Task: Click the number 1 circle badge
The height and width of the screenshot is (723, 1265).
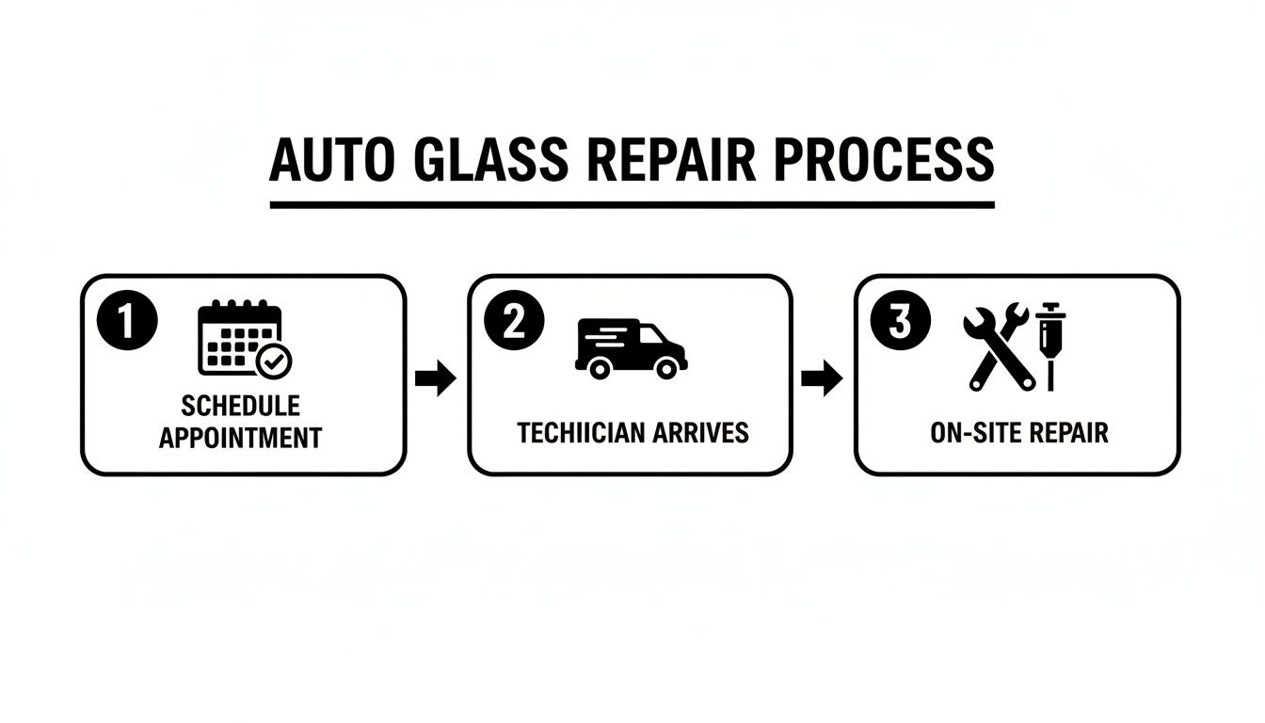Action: [125, 323]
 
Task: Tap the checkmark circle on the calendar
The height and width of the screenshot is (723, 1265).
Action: [276, 360]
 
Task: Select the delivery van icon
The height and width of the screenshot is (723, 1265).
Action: [630, 348]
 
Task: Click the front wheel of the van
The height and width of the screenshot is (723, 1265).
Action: [666, 369]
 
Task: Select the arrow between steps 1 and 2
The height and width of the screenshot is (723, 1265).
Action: [436, 379]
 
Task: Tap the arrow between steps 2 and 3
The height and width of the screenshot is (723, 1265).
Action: [822, 379]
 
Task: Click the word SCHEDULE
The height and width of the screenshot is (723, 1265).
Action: [240, 406]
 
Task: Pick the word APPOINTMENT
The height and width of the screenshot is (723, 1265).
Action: [240, 438]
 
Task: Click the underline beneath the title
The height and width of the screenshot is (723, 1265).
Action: [632, 203]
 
